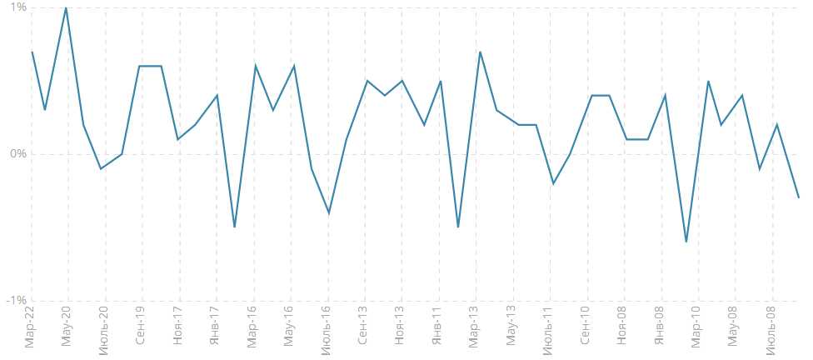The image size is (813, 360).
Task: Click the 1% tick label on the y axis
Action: [17, 7]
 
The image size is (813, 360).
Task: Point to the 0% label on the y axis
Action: [17, 154]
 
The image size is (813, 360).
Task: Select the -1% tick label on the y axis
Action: [15, 301]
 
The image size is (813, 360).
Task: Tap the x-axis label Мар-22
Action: [31, 328]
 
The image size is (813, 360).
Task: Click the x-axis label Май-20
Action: [67, 328]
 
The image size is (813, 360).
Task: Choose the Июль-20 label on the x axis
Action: [104, 331]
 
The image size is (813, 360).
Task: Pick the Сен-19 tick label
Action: [141, 328]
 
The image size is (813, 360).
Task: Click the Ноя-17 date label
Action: [177, 328]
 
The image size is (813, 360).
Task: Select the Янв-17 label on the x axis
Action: [215, 328]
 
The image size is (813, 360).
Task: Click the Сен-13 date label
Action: [363, 328]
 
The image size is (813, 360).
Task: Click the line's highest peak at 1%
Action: [66, 7]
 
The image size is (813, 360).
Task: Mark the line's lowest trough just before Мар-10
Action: [686, 242]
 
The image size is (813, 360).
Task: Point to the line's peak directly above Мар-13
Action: [481, 52]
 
